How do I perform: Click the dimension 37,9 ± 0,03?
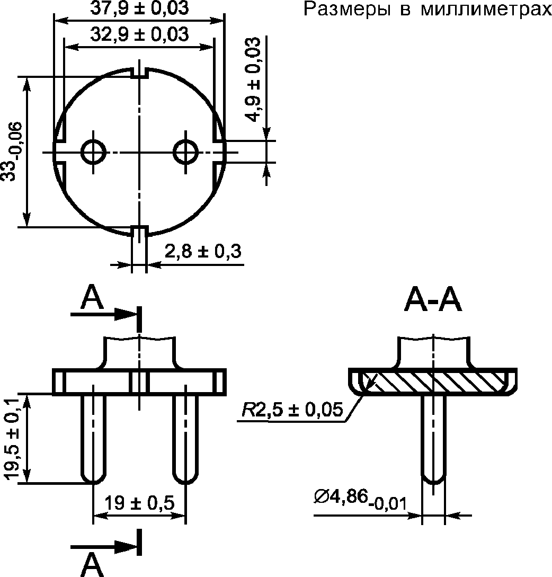click(139, 8)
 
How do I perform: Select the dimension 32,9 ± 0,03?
click(139, 34)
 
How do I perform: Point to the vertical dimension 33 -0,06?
click(14, 152)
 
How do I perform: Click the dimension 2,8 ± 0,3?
click(203, 251)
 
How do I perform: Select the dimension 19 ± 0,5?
click(139, 503)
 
